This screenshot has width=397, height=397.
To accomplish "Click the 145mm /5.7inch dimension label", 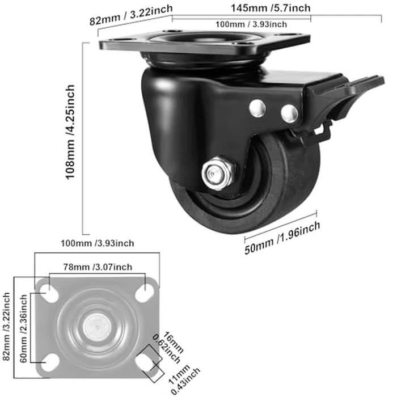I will tap(271, 8).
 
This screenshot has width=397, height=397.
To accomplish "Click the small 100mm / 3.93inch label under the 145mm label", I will tap(249, 24).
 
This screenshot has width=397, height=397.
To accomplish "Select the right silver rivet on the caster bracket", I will tap(290, 111).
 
